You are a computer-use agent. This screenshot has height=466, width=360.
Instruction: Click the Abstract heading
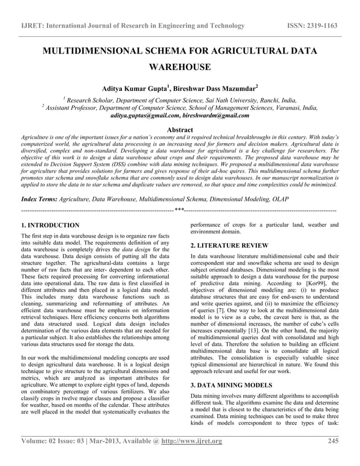coord(179,130)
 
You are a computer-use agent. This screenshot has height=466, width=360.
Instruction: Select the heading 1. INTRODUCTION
coord(50,225)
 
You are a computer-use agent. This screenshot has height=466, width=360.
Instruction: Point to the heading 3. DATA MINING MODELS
coord(231,387)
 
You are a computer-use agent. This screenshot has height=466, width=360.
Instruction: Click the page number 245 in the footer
coord(332,456)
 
